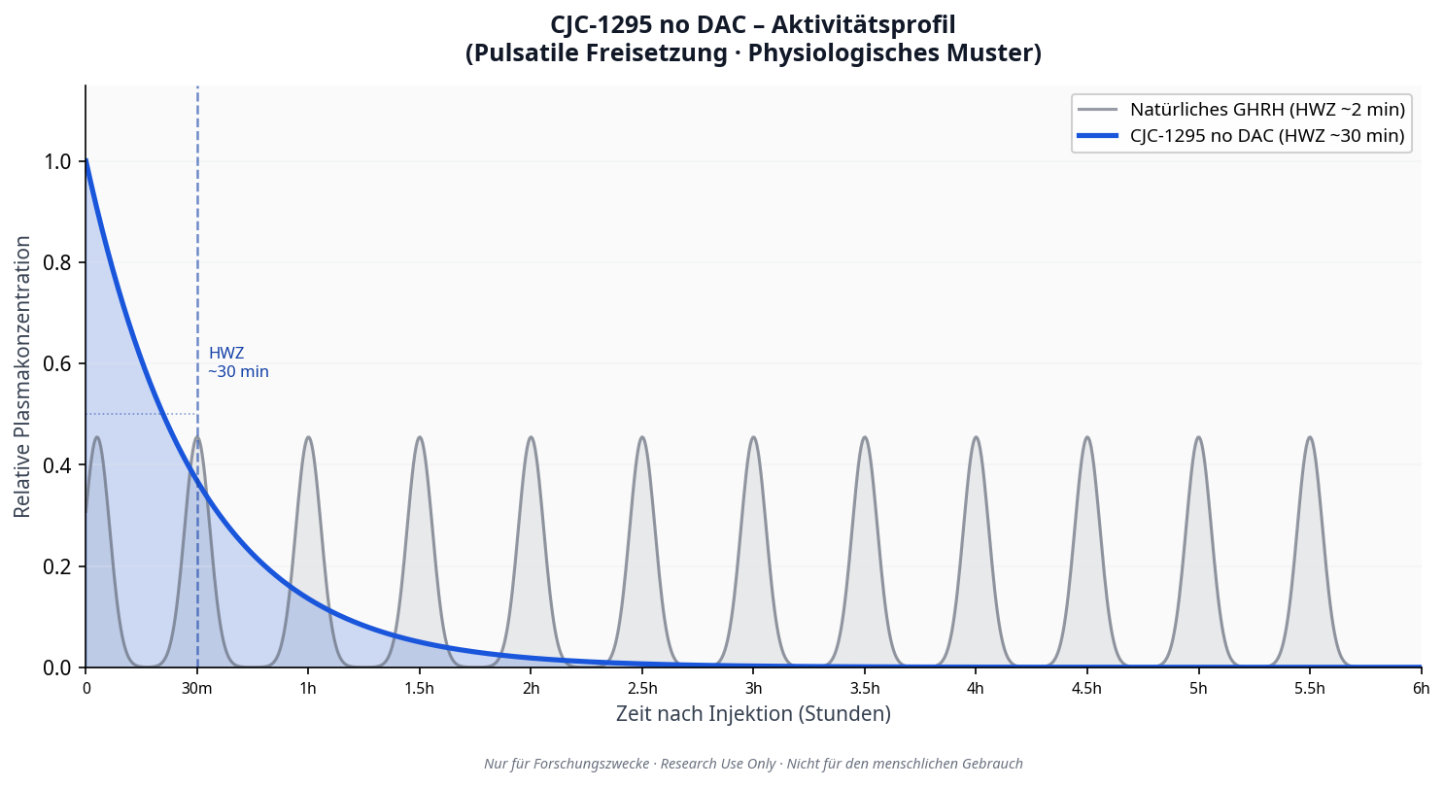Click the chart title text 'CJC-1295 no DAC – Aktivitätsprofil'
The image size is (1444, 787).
click(x=753, y=25)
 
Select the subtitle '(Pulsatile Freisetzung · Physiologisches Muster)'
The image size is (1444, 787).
click(x=753, y=53)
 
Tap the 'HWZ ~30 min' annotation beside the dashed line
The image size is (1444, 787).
click(x=238, y=362)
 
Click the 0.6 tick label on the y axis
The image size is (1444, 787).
click(x=57, y=364)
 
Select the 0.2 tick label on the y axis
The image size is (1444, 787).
click(x=57, y=566)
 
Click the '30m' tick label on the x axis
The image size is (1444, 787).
click(x=197, y=689)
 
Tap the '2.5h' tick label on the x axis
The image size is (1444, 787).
click(x=642, y=689)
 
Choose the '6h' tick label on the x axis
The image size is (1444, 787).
click(x=1421, y=689)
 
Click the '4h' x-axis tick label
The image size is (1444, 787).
click(x=976, y=689)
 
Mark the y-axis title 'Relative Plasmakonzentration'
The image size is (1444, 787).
click(x=22, y=376)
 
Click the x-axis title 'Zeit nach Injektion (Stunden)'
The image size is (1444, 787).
click(x=753, y=714)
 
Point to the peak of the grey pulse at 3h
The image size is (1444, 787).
click(x=753, y=437)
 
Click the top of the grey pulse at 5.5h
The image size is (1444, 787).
click(x=1310, y=437)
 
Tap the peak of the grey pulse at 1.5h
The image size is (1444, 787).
click(x=420, y=437)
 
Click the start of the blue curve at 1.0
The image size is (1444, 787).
click(x=86, y=161)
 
